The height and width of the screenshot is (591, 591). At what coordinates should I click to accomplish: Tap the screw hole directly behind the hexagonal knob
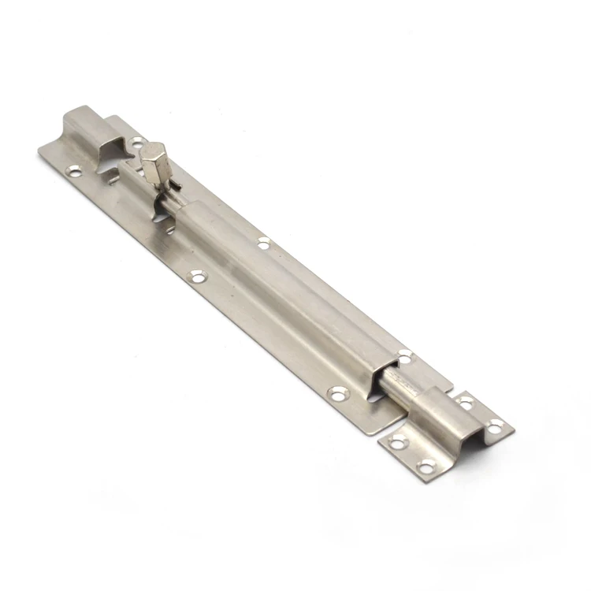tap(137, 143)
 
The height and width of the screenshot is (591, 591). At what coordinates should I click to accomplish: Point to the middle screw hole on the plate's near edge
tap(198, 276)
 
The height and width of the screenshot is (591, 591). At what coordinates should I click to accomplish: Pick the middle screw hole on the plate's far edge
tap(263, 243)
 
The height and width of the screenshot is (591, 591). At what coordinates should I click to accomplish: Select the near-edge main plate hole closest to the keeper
tap(339, 392)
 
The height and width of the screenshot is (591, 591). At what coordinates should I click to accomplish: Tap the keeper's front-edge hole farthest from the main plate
tap(426, 466)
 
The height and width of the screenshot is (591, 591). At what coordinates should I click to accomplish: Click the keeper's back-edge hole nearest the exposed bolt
tap(465, 401)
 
